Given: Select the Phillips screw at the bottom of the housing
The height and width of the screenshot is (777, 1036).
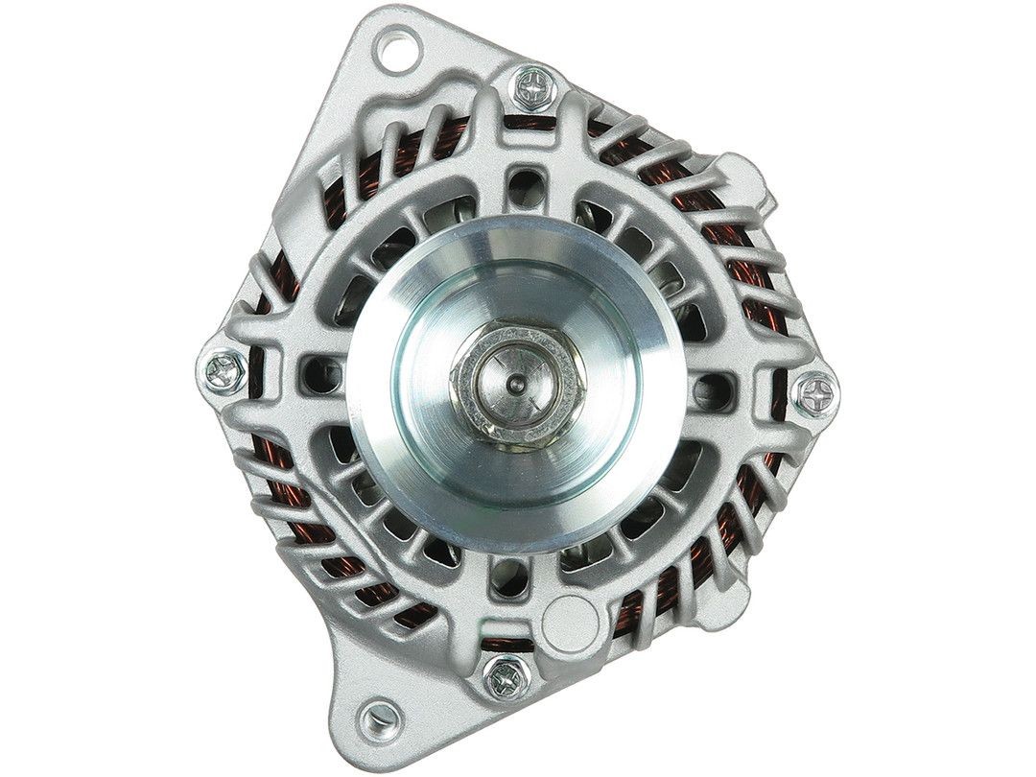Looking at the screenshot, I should [501, 679].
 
